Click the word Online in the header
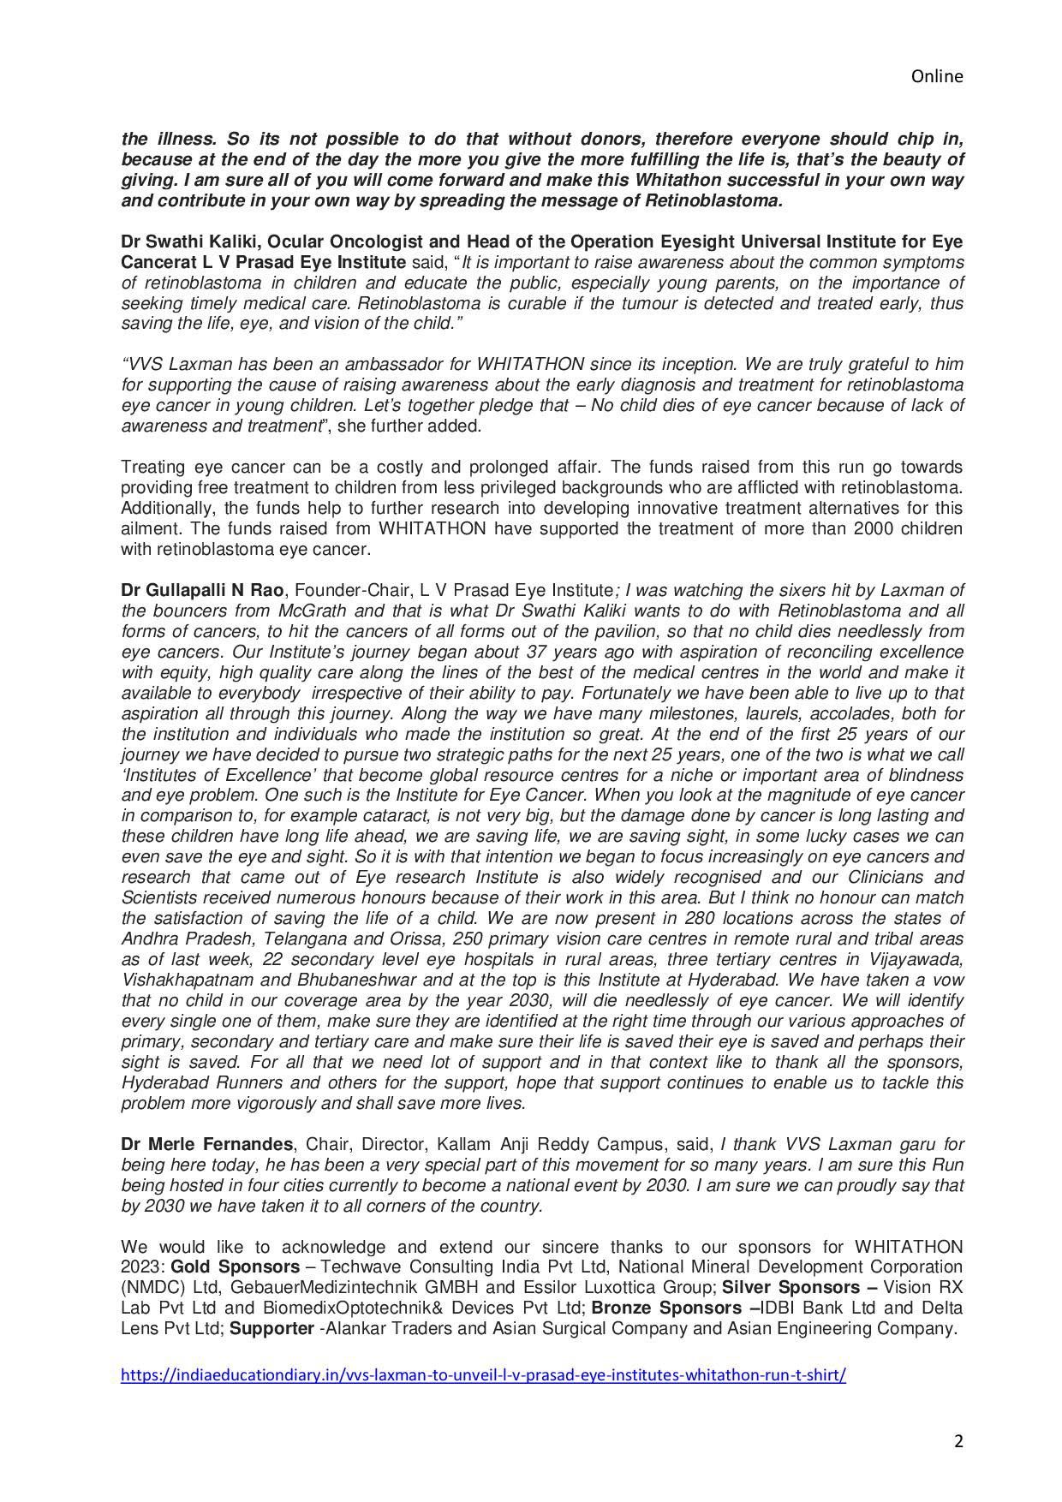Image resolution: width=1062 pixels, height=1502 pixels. (x=936, y=76)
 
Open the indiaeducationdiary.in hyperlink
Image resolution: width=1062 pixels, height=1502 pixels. (x=483, y=1375)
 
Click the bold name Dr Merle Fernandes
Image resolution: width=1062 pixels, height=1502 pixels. (x=206, y=1144)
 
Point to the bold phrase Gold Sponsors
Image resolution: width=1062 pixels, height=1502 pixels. (x=236, y=1267)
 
